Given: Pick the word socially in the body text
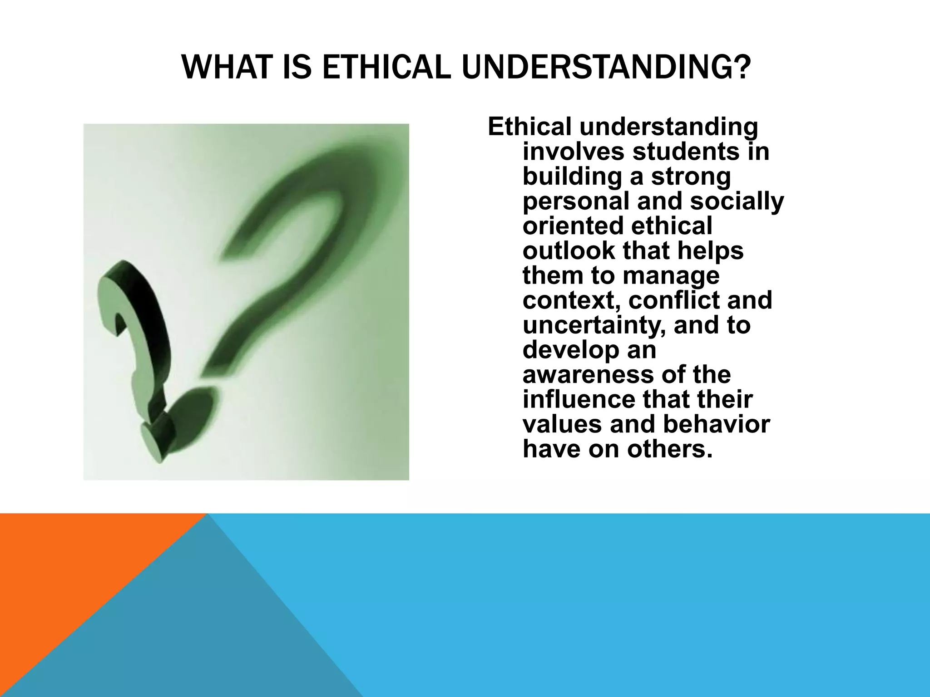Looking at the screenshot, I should [x=737, y=201].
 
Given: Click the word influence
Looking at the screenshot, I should [x=579, y=400].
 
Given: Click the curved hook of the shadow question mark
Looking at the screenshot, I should [x=318, y=182].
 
